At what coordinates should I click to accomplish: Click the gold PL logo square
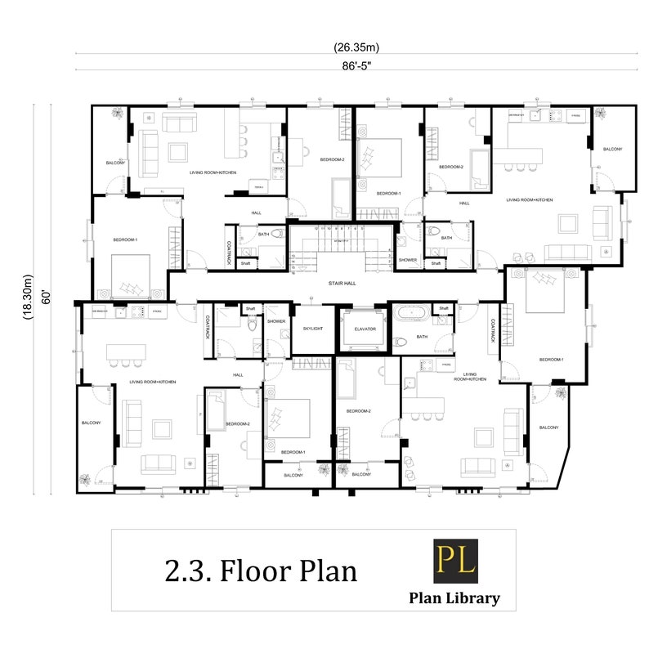(455, 562)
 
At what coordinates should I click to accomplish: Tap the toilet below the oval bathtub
(400, 342)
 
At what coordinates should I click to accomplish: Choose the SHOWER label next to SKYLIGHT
(276, 321)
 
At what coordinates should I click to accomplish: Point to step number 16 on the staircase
(293, 273)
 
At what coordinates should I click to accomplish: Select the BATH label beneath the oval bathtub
(421, 336)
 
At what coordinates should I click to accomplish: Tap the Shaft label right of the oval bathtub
(444, 308)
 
